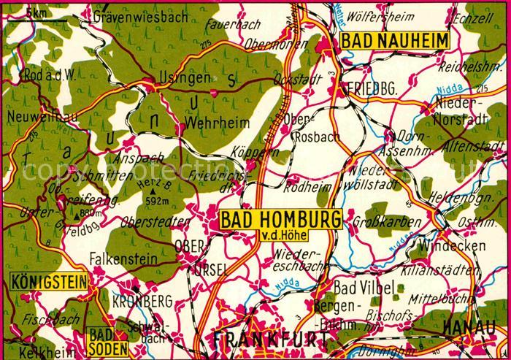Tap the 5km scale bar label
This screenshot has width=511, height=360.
coord(34,13)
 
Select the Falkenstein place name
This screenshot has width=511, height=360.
coord(114,258)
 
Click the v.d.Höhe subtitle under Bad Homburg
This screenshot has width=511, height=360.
coord(282,234)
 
